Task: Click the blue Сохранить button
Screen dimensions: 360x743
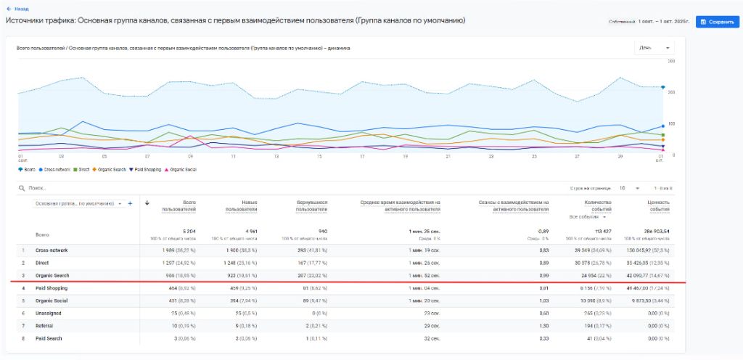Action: [x=718, y=22]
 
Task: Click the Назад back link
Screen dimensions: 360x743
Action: [x=18, y=9]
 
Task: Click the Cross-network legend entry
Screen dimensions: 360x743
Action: [x=55, y=170]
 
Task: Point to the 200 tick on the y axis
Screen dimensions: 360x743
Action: [x=671, y=93]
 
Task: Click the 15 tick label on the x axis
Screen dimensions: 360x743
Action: [x=319, y=156]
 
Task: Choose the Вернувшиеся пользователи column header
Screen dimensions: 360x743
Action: [x=311, y=206]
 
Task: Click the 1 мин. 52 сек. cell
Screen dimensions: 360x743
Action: [x=422, y=276]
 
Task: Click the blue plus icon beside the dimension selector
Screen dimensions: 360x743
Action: [x=130, y=204]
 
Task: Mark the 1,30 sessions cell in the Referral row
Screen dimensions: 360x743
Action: [x=543, y=326]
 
